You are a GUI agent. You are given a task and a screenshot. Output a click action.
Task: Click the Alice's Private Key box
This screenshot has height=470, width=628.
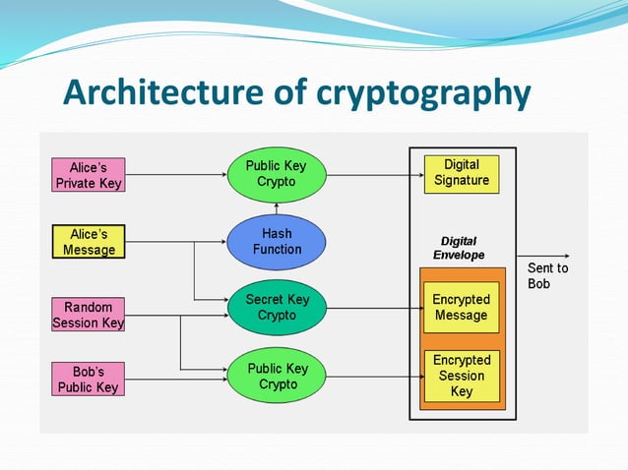point(89,175)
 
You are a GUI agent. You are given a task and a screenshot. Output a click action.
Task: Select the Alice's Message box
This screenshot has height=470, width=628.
point(89,242)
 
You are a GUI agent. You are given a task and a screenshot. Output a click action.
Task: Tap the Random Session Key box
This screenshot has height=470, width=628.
point(89,315)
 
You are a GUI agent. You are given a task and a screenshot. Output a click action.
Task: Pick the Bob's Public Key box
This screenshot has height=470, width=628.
point(89,381)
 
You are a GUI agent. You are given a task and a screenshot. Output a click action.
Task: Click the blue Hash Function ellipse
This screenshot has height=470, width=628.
point(277,242)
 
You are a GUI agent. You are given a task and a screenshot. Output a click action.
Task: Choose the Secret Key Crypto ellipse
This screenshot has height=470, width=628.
point(277,308)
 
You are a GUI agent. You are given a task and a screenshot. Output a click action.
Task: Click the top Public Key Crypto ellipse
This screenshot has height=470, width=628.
point(277,174)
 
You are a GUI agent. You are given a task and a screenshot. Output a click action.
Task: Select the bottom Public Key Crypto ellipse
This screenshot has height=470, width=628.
point(277,377)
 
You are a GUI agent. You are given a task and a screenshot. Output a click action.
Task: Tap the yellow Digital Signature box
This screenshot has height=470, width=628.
point(462,173)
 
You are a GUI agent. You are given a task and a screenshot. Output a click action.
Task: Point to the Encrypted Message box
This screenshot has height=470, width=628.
point(462,308)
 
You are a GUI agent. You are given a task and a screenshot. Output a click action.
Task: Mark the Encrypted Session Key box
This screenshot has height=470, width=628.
point(462,377)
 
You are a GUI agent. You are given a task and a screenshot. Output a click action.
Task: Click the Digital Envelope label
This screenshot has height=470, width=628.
point(463,248)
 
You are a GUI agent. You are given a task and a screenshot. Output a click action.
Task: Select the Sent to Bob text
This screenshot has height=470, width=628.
point(547,275)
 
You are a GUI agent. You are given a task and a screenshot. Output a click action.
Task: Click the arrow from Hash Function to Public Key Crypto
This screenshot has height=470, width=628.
point(277,207)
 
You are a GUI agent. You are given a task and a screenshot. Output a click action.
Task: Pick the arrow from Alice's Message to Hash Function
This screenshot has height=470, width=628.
point(177,242)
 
